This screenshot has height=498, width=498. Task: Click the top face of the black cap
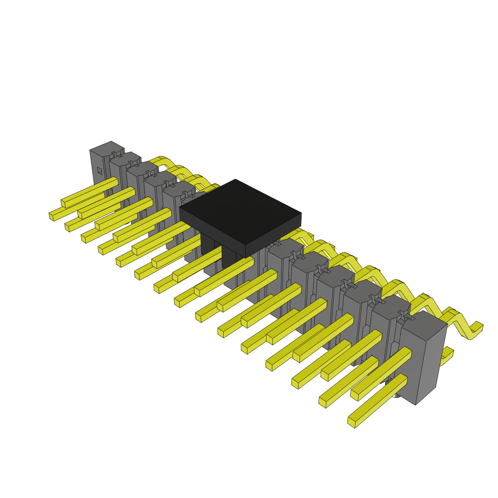(x=240, y=210)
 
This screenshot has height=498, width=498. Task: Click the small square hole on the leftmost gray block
(x=99, y=171)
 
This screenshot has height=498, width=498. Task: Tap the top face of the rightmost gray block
(x=422, y=325)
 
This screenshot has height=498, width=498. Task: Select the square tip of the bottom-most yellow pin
(x=352, y=422)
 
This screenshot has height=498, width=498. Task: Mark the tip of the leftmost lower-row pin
(x=52, y=215)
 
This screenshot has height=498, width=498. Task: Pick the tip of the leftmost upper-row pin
(x=64, y=203)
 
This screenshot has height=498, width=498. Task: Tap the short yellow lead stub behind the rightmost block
(x=446, y=357)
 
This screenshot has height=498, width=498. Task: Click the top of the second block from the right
(x=389, y=303)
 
